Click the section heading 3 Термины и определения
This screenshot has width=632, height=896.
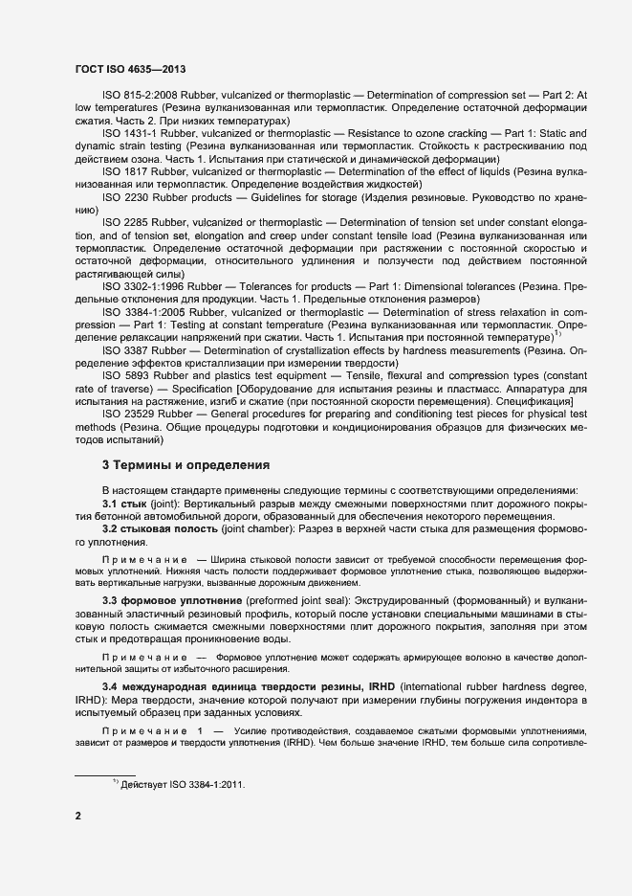pos(186,465)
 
